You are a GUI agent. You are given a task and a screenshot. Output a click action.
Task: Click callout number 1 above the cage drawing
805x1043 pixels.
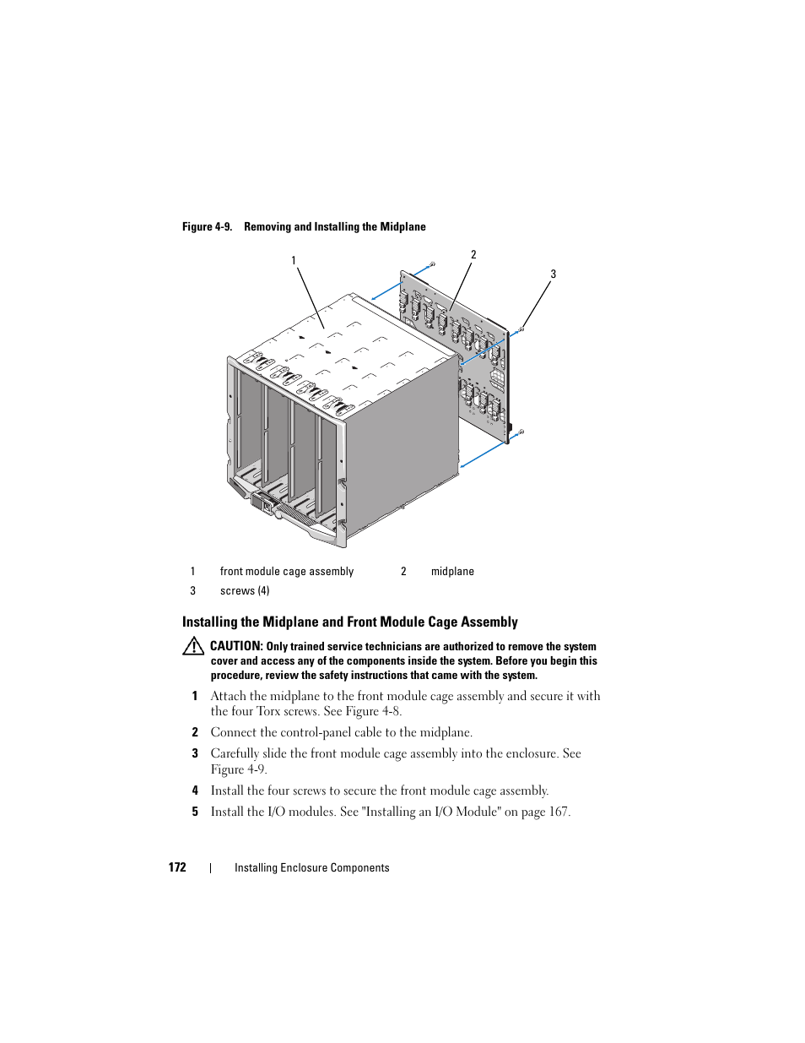[294, 261]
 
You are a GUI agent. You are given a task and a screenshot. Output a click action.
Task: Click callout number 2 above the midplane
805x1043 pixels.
[473, 255]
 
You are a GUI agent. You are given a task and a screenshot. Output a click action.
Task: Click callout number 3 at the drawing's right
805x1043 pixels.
[554, 274]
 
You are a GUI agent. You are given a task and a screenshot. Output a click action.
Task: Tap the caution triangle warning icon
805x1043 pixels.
[193, 647]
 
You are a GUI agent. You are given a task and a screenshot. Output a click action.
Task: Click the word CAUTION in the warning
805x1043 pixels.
[236, 646]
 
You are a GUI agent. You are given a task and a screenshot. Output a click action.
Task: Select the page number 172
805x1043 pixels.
[177, 867]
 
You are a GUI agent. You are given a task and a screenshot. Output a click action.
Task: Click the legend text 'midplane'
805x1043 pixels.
[452, 572]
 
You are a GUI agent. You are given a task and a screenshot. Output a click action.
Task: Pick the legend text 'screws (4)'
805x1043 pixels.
[245, 591]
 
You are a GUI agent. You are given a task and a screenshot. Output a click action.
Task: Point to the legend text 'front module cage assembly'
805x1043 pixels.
[287, 572]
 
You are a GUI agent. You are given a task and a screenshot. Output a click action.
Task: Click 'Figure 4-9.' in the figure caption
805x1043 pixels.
[207, 227]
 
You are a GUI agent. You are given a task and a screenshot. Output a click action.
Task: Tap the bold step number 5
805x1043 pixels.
[195, 812]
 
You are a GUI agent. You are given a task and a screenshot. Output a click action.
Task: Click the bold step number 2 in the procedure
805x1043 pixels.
[195, 732]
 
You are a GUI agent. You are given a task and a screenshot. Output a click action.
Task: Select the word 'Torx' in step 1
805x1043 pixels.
[268, 711]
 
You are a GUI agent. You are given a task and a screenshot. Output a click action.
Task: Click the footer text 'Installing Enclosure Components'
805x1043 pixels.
[312, 868]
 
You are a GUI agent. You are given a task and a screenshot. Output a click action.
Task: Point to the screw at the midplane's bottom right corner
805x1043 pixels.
[521, 432]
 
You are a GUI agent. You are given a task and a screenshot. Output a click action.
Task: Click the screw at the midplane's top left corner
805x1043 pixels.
[432, 264]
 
